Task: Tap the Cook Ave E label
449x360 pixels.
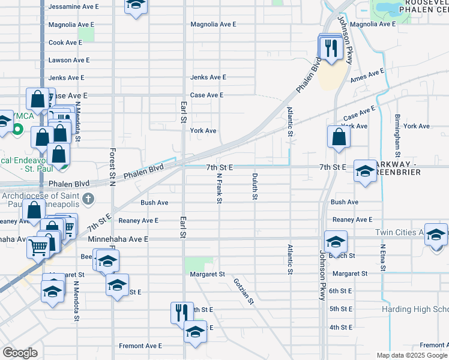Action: (x=65, y=43)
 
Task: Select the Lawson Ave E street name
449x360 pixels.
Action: (x=69, y=60)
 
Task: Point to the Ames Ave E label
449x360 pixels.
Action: (x=367, y=75)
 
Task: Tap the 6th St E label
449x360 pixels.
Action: (x=340, y=291)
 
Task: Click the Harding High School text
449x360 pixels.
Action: (x=415, y=309)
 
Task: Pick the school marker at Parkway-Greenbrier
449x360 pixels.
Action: (x=365, y=170)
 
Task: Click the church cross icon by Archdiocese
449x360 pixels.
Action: (x=88, y=198)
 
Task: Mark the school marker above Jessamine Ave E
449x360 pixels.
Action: (x=136, y=5)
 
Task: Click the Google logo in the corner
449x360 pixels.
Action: (x=20, y=353)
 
